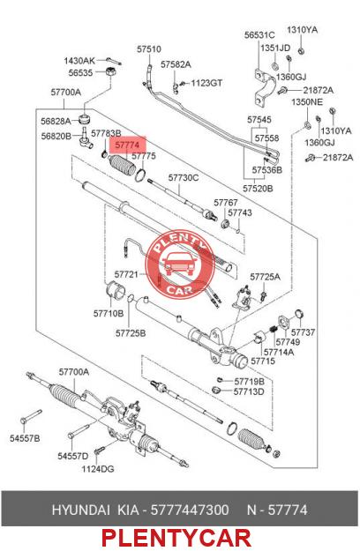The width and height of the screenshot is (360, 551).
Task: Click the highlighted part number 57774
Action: (127, 145)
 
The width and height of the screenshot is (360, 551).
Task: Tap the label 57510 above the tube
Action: (149, 49)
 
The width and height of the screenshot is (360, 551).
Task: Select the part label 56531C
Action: (259, 34)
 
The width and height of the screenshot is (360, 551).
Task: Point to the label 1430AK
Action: (79, 61)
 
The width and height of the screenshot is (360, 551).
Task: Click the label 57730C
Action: (184, 178)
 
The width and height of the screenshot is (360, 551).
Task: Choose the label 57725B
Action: (131, 332)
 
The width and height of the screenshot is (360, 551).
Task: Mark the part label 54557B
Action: (25, 438)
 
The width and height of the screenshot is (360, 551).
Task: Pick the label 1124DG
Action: (98, 469)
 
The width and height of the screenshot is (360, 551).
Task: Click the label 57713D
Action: (249, 391)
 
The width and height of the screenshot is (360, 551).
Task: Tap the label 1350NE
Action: (307, 102)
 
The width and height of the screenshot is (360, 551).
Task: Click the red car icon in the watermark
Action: (179, 264)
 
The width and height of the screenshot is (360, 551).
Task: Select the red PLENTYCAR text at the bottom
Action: (176, 539)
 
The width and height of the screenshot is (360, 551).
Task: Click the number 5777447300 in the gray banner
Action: (190, 510)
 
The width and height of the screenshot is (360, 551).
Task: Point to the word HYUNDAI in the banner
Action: (81, 510)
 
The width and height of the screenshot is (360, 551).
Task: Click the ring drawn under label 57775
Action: (140, 175)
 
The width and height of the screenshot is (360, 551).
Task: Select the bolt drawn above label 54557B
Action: (31, 416)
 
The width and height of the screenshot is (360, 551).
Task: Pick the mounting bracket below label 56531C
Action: (265, 88)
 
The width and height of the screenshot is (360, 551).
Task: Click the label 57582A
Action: (176, 64)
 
